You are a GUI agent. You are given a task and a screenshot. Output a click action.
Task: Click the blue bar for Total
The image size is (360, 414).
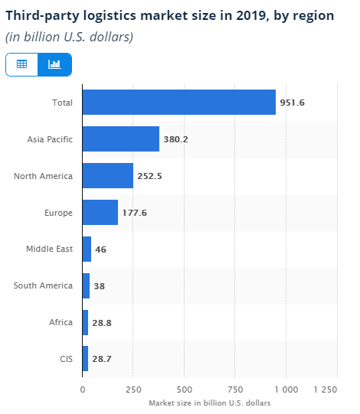coord(178,103)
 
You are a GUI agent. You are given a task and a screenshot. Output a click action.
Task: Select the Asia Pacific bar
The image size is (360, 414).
coord(120,139)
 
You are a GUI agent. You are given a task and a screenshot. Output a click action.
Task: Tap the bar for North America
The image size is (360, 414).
coord(107,176)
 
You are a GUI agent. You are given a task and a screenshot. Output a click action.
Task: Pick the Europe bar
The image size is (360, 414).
coord(100,213)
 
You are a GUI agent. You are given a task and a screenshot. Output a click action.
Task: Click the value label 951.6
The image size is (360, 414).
coord(293,103)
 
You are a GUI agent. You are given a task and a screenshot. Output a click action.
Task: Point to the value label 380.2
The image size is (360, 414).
coord(176,139)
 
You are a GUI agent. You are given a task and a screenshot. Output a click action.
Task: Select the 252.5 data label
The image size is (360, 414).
coord(150,176)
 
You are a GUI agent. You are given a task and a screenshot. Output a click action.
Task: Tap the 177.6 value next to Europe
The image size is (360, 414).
coord(134,213)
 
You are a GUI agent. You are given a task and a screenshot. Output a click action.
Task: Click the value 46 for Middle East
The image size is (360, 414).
coord(101,249)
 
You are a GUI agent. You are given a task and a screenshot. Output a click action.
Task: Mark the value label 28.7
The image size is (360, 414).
coord(103,359)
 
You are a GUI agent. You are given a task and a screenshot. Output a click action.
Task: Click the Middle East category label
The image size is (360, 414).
coord(49,249)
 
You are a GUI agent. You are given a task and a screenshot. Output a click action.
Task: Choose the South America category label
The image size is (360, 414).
coord(43,285)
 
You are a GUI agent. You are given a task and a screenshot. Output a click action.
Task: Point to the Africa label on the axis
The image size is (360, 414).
coord(61,322)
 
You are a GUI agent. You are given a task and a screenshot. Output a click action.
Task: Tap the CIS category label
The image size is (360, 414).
coord(65,359)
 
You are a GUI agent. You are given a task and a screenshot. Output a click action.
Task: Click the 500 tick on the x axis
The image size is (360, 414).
coord(184,390)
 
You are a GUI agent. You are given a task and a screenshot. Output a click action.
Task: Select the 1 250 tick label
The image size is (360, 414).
coord(326,390)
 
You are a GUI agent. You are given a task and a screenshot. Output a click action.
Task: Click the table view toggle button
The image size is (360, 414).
coord(21,64)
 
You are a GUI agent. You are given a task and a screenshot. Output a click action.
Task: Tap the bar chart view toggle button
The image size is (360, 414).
coord(54,64)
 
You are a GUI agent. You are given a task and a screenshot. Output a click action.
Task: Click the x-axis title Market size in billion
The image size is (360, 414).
coord(209,403)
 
